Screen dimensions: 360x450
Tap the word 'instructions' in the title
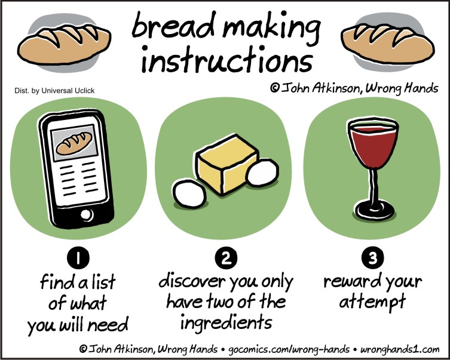tap(226, 60)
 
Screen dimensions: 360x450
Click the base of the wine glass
tap(376, 211)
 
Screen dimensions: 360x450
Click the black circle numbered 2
tap(225, 259)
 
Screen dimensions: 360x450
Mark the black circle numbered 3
tap(372, 259)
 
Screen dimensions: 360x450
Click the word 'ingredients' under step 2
tap(225, 324)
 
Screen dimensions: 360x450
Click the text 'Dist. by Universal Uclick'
tap(54, 91)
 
